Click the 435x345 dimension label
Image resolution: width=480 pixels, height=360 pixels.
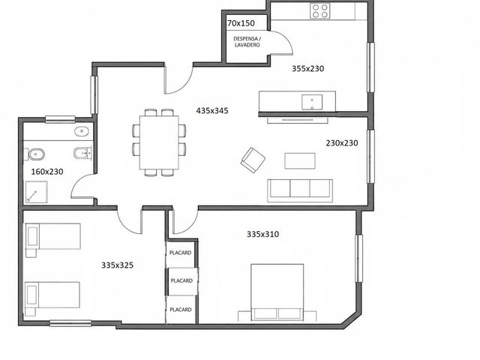(212, 110)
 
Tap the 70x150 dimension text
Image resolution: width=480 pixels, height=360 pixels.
(241, 23)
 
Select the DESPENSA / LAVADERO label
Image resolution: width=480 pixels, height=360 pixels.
(247, 42)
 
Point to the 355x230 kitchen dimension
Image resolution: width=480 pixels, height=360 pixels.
(307, 68)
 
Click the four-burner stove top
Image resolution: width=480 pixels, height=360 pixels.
(320, 11)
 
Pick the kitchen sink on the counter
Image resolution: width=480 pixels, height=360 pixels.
(312, 102)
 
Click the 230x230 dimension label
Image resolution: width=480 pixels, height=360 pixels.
(342, 143)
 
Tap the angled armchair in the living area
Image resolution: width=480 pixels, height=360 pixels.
(253, 160)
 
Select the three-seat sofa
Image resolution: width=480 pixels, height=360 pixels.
(300, 190)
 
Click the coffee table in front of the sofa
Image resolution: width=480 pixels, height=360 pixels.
(300, 161)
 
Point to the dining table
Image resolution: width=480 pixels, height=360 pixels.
(159, 142)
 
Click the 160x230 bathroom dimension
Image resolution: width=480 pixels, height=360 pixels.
(47, 172)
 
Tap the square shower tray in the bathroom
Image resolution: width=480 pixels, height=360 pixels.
(37, 192)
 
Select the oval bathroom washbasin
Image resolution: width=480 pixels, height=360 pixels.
(82, 131)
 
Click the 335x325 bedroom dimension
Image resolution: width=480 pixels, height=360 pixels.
(117, 265)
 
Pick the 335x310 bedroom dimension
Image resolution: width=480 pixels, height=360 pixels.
(262, 235)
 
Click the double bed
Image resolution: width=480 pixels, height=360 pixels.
(277, 292)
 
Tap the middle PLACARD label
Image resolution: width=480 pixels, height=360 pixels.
(181, 280)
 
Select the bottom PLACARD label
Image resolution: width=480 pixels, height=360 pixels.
(181, 310)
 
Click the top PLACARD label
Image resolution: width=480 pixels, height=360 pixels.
(180, 253)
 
